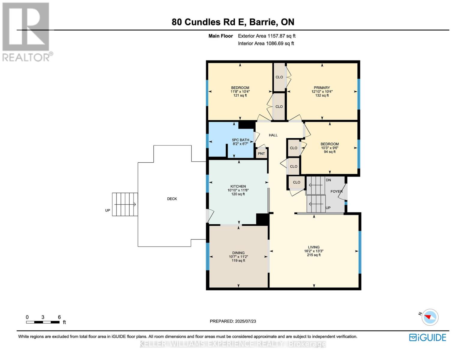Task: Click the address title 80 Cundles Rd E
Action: pos(233,22)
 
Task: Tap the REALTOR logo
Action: pos(26,32)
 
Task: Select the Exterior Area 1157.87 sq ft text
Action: pos(266,36)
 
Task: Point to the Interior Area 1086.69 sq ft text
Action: pos(266,43)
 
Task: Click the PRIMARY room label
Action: pos(322,88)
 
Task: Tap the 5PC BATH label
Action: pos(240,140)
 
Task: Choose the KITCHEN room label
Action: pos(238,186)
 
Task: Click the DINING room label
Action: pos(238,253)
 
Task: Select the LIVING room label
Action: pos(314,247)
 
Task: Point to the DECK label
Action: pos(172,199)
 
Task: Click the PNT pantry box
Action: pos(261,154)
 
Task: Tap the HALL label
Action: pos(273,135)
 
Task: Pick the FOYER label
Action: pos(336,191)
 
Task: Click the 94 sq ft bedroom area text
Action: pos(329,152)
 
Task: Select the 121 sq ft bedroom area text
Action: pos(240,95)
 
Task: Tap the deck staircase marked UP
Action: pos(125,204)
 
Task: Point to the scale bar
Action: pos(43,322)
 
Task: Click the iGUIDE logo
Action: pos(428,337)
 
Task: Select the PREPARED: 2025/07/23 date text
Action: pos(233,321)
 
